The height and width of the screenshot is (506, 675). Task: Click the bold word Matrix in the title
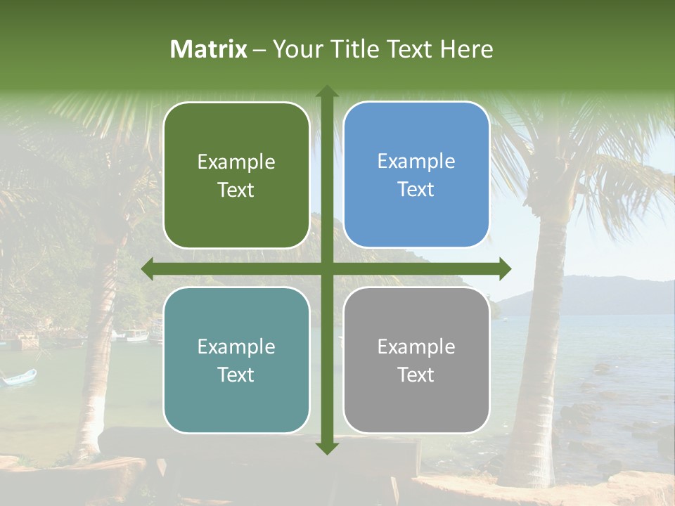tap(209, 49)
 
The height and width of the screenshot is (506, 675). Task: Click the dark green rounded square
tap(236, 175)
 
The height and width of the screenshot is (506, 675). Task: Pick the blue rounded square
tap(416, 175)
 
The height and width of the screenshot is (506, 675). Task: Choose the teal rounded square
tap(236, 360)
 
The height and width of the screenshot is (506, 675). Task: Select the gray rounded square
tap(416, 360)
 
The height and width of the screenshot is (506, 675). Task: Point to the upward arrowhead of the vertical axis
tap(326, 91)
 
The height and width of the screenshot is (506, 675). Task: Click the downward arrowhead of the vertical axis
tap(326, 448)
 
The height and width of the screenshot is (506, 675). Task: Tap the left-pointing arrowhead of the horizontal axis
tap(148, 269)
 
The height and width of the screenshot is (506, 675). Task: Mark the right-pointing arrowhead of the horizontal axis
tap(504, 269)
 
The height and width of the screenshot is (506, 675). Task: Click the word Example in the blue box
tap(416, 162)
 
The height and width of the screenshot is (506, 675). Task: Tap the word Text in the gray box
tap(416, 375)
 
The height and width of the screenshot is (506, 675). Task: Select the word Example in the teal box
tap(236, 346)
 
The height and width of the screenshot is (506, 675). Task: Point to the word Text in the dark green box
tap(236, 190)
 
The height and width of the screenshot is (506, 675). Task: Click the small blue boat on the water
tap(19, 377)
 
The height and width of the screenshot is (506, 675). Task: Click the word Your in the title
tap(295, 49)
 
